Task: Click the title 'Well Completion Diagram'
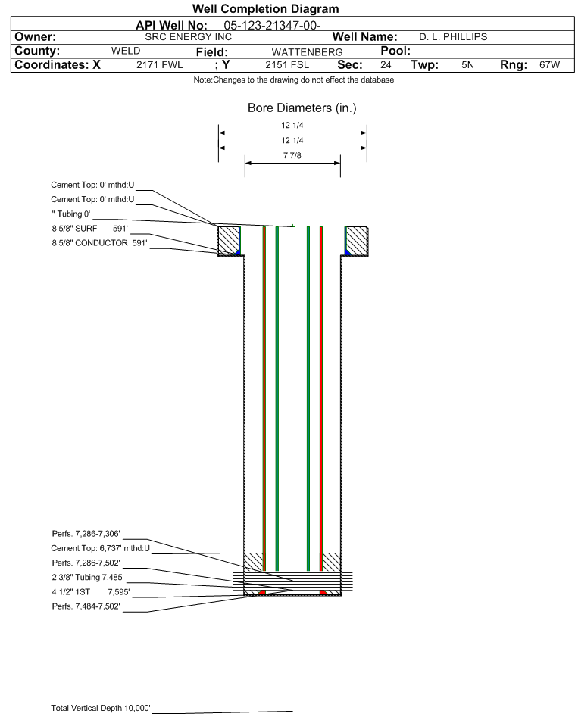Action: tap(266, 8)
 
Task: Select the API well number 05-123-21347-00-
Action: tap(272, 26)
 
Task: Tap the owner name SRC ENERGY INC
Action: tap(188, 37)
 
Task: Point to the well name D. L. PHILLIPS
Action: tap(453, 37)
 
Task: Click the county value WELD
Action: tap(126, 51)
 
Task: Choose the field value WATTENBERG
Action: tap(307, 52)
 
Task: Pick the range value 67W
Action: tap(549, 64)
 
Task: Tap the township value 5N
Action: tap(467, 64)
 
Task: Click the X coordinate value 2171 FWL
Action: tap(159, 64)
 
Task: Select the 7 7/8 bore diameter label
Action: tap(292, 156)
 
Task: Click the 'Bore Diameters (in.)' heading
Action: tap(302, 108)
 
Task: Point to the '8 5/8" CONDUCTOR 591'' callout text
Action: tap(100, 243)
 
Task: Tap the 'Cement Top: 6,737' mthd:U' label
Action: tap(100, 548)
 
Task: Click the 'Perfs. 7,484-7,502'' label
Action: tap(86, 606)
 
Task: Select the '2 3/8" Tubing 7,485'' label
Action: tap(88, 578)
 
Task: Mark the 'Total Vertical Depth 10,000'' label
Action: tap(101, 708)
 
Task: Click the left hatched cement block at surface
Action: tap(229, 241)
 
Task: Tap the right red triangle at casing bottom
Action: tap(323, 593)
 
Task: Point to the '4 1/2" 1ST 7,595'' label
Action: tap(91, 592)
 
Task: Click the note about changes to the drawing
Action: tap(294, 80)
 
